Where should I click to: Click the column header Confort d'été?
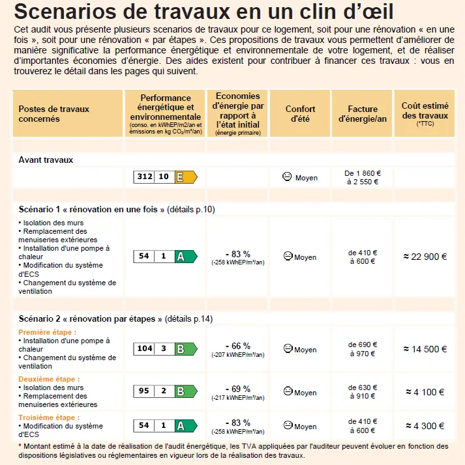click(300, 113)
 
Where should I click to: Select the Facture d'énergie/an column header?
click(363, 114)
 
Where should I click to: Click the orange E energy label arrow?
click(187, 176)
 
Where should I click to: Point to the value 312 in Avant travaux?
click(144, 176)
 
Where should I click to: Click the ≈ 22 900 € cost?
click(425, 257)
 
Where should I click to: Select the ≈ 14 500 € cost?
click(425, 349)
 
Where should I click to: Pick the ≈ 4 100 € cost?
click(425, 392)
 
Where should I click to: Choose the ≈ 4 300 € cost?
click(425, 426)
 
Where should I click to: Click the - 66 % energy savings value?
click(237, 345)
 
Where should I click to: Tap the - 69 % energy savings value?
click(237, 389)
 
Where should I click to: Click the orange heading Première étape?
click(47, 332)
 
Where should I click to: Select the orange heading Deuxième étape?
click(49, 379)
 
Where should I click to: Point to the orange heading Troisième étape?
click(49, 417)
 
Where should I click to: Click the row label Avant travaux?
click(46, 160)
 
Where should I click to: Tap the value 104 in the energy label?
click(144, 348)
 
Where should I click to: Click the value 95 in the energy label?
click(144, 391)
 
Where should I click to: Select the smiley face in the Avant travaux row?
click(287, 176)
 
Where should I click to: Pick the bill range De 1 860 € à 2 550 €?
click(363, 177)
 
